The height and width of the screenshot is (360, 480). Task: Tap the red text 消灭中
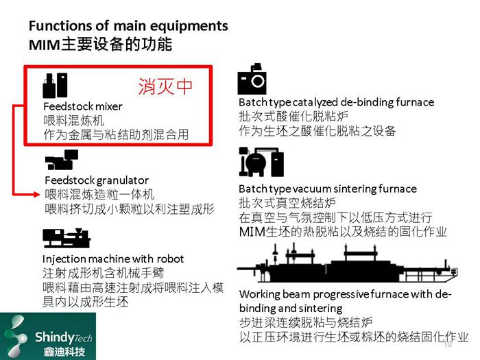(165, 86)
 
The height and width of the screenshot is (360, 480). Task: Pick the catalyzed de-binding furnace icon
(252, 80)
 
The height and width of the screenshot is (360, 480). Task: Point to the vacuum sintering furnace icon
(261, 163)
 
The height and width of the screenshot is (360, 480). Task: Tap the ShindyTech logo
(48, 335)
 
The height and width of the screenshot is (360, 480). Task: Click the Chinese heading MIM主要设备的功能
(99, 45)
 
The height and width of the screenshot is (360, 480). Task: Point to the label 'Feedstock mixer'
(82, 107)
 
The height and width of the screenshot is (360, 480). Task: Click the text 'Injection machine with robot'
(113, 259)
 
